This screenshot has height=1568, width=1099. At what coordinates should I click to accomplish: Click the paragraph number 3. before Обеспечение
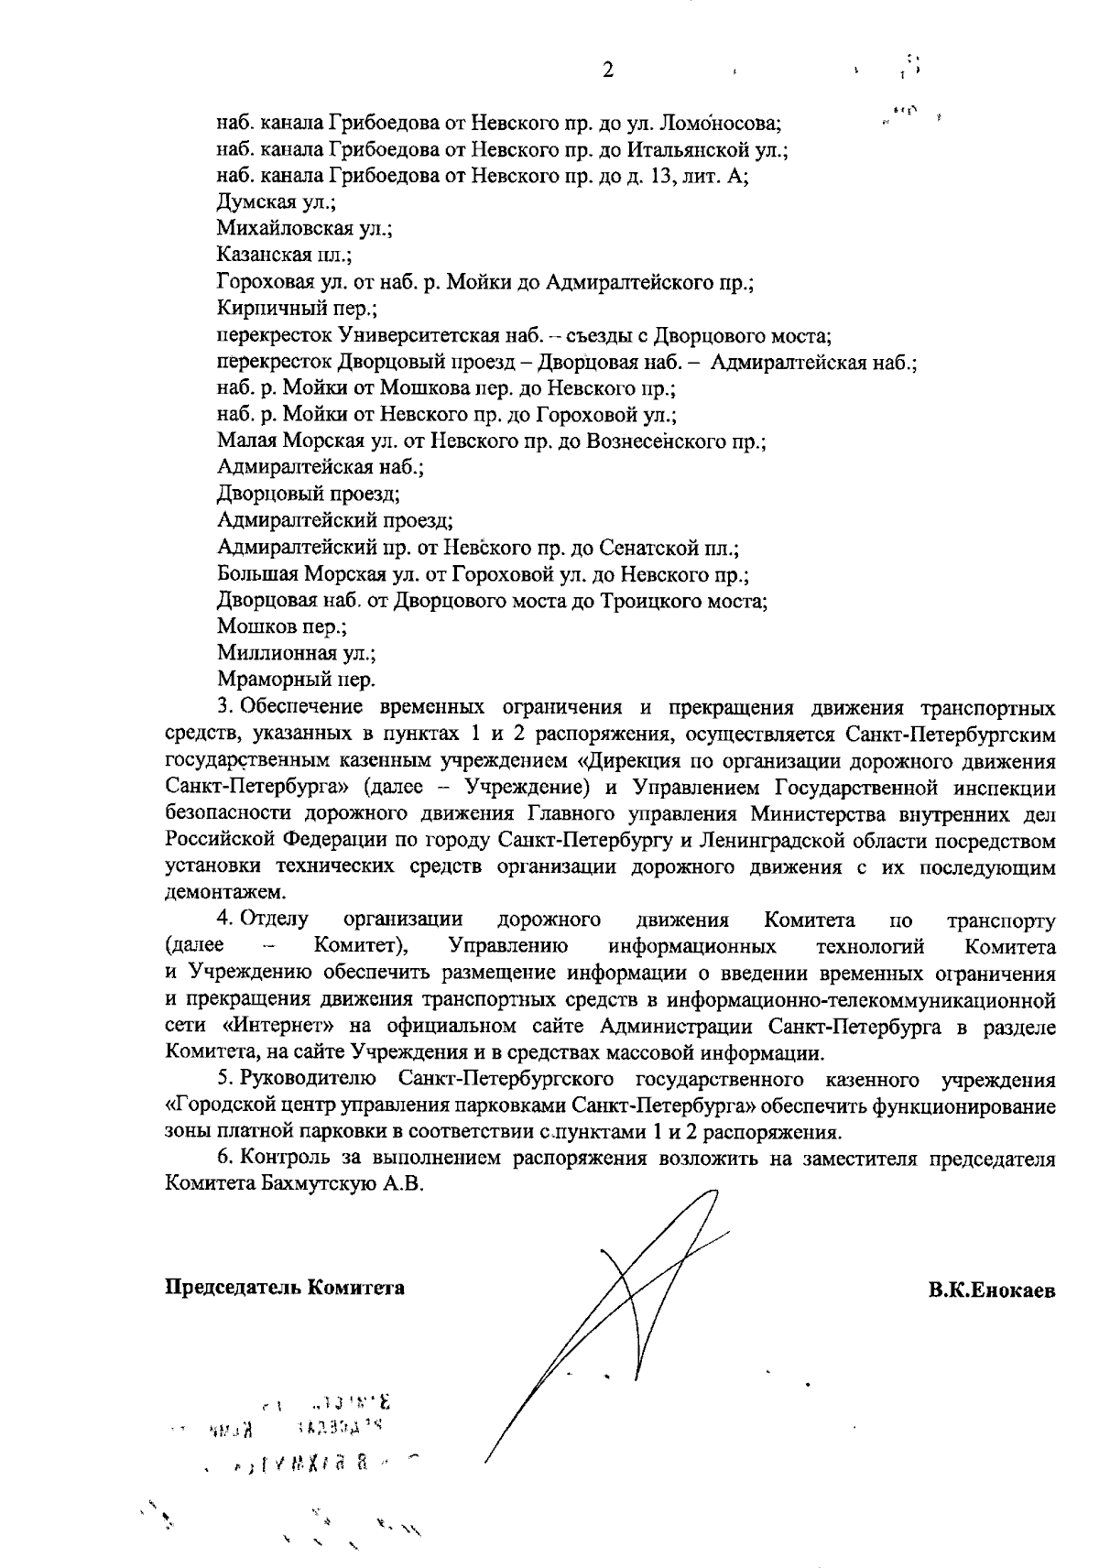coord(225,707)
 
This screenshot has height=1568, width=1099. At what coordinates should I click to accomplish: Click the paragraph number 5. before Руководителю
coord(225,1080)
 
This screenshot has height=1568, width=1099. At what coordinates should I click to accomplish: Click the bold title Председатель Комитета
coord(285,1287)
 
